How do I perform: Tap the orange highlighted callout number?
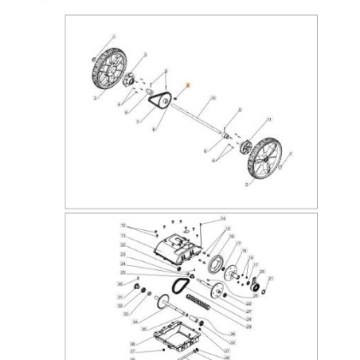click(x=188, y=84)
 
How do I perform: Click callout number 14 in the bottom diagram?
click(x=224, y=218)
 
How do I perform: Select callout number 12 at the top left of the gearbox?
click(x=123, y=226)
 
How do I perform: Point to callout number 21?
click(x=272, y=279)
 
